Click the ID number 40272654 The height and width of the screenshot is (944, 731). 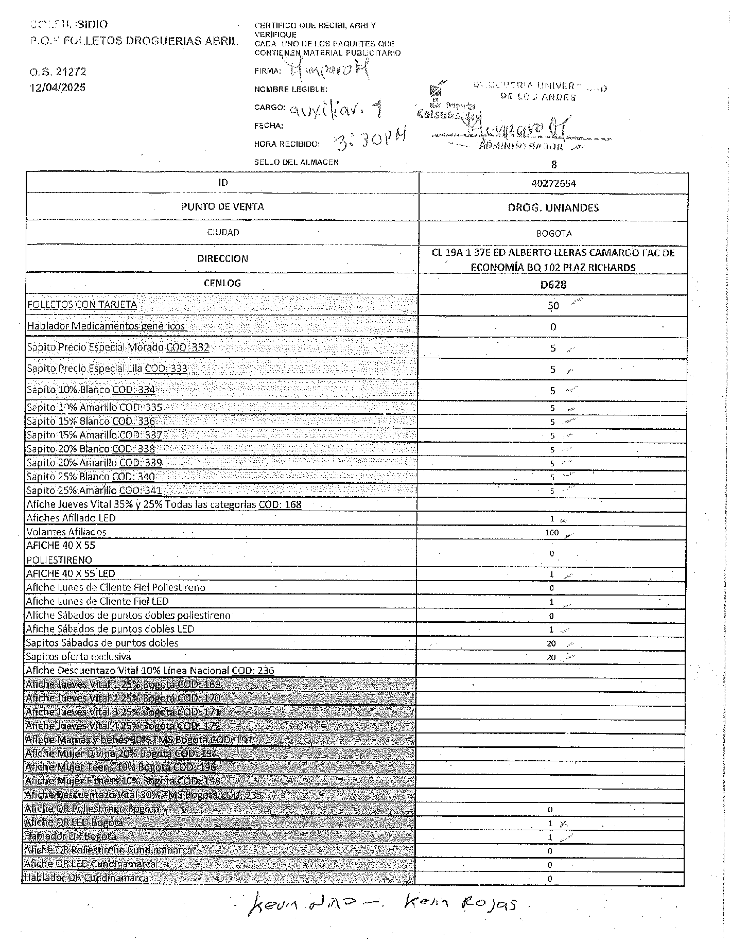[x=553, y=183]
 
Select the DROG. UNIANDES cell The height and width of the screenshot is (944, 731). [x=553, y=208]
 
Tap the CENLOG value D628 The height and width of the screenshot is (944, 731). [x=553, y=285]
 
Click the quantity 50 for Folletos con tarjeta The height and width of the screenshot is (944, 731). [x=553, y=306]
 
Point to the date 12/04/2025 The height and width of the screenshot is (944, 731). [x=58, y=88]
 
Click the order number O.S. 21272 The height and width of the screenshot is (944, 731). [x=58, y=72]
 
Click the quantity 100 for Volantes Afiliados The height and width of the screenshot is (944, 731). [x=552, y=533]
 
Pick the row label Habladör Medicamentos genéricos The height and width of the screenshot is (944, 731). [x=106, y=326]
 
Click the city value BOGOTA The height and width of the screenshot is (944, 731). [x=554, y=233]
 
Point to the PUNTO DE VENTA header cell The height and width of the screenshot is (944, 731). [x=222, y=207]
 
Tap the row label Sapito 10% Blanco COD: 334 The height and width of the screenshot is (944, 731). [x=91, y=390]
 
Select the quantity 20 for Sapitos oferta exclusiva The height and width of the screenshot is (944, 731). [x=551, y=657]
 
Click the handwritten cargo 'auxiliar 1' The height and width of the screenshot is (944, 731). [x=337, y=109]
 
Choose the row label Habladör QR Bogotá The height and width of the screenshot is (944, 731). [x=71, y=836]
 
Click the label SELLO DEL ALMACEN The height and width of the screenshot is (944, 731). [x=296, y=162]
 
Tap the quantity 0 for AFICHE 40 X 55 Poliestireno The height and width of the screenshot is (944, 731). [x=552, y=554]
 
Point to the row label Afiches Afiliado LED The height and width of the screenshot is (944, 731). [x=71, y=518]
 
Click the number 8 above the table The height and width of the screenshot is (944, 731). [x=554, y=165]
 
